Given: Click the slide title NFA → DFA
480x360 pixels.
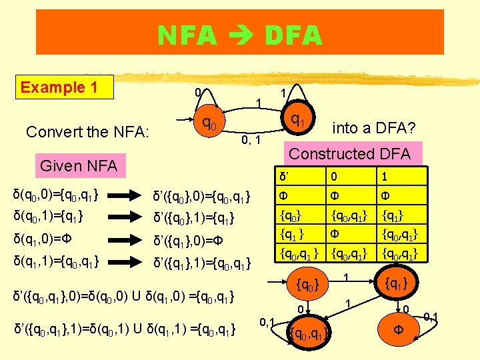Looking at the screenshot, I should [x=239, y=34].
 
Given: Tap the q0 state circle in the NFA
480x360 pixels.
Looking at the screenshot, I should [x=208, y=125].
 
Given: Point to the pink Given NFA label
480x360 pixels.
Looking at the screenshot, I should [x=79, y=165].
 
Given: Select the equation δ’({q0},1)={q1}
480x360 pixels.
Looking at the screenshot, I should [x=193, y=217].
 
